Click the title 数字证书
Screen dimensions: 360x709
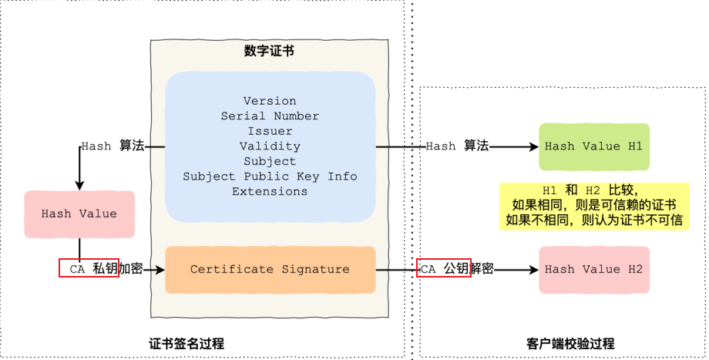[269, 51]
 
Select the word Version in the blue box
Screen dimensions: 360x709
[270, 101]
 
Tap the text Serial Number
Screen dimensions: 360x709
[270, 116]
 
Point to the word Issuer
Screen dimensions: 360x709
[270, 131]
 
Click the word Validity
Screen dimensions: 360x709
[270, 146]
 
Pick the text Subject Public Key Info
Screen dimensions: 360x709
[270, 176]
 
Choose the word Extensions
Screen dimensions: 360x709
[270, 191]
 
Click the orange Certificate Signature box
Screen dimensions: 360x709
[270, 269]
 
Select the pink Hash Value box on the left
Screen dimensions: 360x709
[79, 214]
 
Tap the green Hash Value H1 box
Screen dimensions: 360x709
[593, 146]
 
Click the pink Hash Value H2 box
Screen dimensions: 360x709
[593, 269]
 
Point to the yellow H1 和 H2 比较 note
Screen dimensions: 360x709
[593, 205]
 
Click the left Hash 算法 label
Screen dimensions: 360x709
[113, 146]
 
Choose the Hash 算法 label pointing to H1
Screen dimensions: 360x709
[457, 146]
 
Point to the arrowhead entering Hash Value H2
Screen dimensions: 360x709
[533, 269]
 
